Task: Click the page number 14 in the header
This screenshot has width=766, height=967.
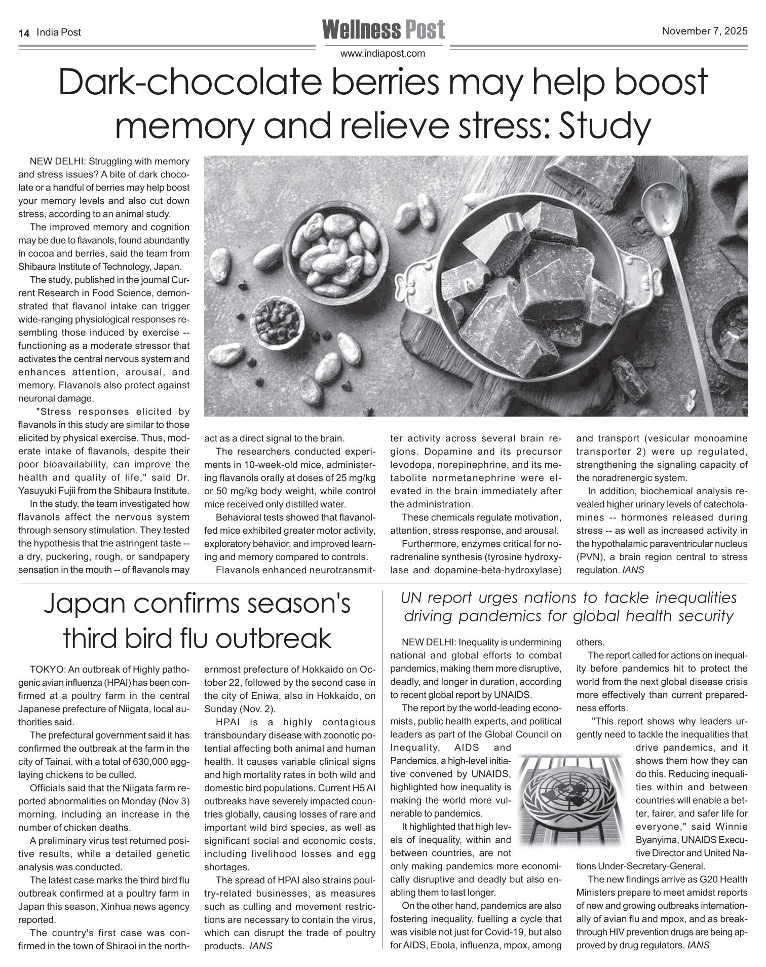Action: click(x=23, y=33)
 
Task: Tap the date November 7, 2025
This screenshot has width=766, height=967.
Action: click(x=704, y=31)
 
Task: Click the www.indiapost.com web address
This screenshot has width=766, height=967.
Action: click(x=382, y=53)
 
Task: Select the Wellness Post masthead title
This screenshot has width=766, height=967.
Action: click(x=383, y=29)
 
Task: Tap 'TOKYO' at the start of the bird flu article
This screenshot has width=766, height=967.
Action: click(x=47, y=670)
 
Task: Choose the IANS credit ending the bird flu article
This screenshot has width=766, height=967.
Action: click(x=261, y=946)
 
